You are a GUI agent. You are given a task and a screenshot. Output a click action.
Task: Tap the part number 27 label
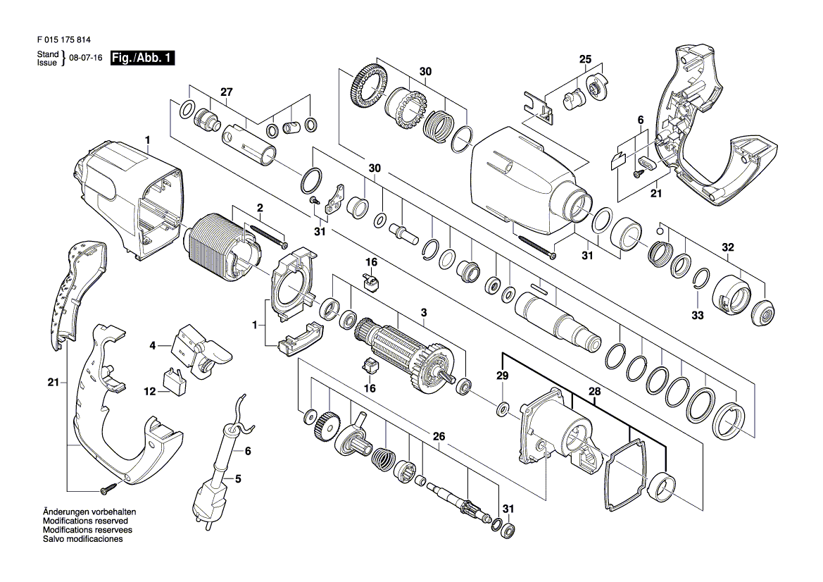(x=225, y=92)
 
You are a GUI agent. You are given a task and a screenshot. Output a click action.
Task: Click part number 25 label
(x=586, y=59)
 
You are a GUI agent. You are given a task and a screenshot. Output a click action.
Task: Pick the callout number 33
(x=697, y=315)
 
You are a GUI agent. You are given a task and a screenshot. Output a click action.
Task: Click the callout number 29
(x=502, y=376)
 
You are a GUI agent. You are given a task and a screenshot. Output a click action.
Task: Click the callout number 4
(x=151, y=346)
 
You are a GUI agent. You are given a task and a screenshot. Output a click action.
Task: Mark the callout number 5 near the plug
(x=237, y=478)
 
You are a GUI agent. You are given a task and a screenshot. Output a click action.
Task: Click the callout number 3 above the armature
(x=424, y=312)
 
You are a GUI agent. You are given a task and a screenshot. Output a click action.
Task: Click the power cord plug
(x=209, y=500)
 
